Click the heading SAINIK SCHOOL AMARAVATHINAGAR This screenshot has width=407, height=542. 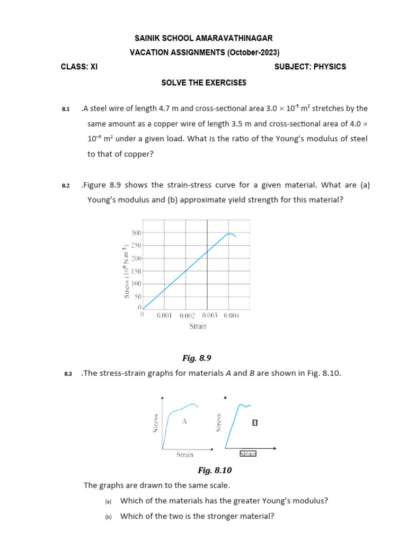204,39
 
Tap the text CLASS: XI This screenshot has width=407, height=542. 79,67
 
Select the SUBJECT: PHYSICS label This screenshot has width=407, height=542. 310,67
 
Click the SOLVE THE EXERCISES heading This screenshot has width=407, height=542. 204,83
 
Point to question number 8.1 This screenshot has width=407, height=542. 66,109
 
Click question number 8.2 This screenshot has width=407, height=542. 66,186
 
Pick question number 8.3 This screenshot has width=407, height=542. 67,374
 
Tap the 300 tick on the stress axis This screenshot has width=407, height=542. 136,233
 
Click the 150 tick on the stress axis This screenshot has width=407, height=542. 136,272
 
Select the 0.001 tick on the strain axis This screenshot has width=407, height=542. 164,315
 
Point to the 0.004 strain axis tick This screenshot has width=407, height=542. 232,315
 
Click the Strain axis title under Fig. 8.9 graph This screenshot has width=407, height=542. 198,326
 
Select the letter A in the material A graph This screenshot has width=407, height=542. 184,421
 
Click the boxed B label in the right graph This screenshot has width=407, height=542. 255,422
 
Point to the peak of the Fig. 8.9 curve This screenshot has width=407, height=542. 229,233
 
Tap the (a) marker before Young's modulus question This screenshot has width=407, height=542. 108,501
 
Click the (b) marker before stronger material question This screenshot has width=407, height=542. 108,517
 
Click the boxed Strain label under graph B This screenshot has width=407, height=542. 248,454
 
